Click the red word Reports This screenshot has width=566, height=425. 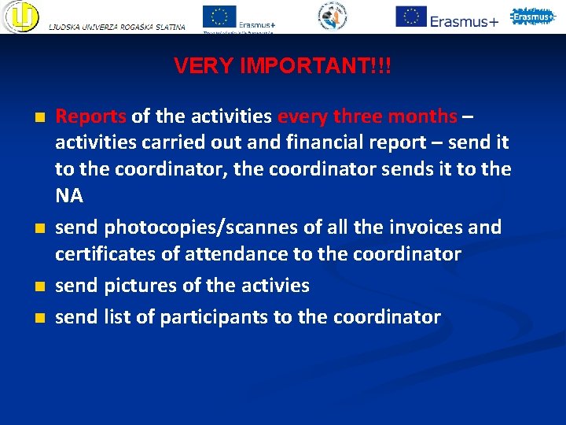(90, 117)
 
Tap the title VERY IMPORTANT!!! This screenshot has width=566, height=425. (282, 65)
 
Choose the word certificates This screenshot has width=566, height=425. (105, 254)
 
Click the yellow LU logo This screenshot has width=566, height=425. (20, 17)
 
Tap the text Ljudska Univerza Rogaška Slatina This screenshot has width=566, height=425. (117, 28)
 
